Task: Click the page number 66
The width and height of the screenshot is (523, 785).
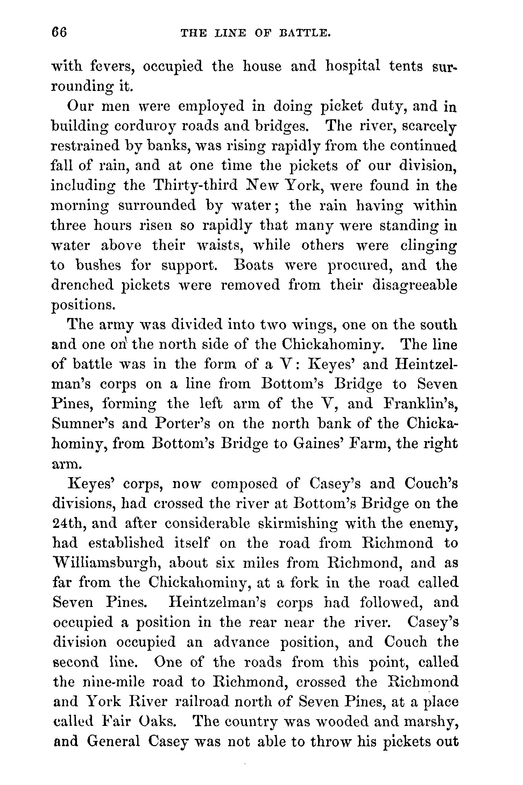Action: pyautogui.click(x=59, y=33)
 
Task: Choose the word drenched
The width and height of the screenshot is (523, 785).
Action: pyautogui.click(x=83, y=285)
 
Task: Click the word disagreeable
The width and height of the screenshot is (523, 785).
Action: pyautogui.click(x=415, y=285)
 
